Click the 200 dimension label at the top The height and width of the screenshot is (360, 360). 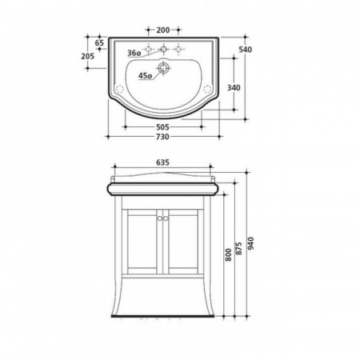(x=163, y=30)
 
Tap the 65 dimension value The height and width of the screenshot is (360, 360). (x=99, y=42)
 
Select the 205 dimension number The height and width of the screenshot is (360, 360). (x=88, y=56)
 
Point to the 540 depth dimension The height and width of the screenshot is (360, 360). (x=246, y=50)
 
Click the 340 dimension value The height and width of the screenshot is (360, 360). (x=234, y=87)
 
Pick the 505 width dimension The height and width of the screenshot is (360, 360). (x=162, y=127)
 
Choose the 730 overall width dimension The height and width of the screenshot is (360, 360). (x=162, y=137)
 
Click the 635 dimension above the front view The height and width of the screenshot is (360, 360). (x=162, y=162)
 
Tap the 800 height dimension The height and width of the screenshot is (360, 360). (x=229, y=254)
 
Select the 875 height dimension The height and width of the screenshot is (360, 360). (x=239, y=248)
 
